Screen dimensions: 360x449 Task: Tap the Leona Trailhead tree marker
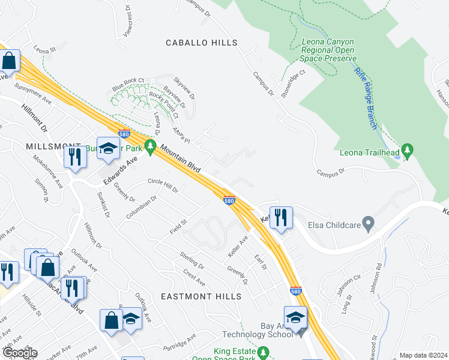pyautogui.click(x=408, y=149)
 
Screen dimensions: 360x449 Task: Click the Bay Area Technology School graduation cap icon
pyautogui.click(x=295, y=316)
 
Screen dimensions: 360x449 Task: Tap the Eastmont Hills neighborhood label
pyautogui.click(x=201, y=296)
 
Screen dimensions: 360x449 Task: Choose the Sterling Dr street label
pyautogui.click(x=192, y=260)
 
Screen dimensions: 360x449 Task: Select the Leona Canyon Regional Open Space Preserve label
pyautogui.click(x=328, y=50)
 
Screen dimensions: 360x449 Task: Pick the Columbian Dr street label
pyautogui.click(x=142, y=206)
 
